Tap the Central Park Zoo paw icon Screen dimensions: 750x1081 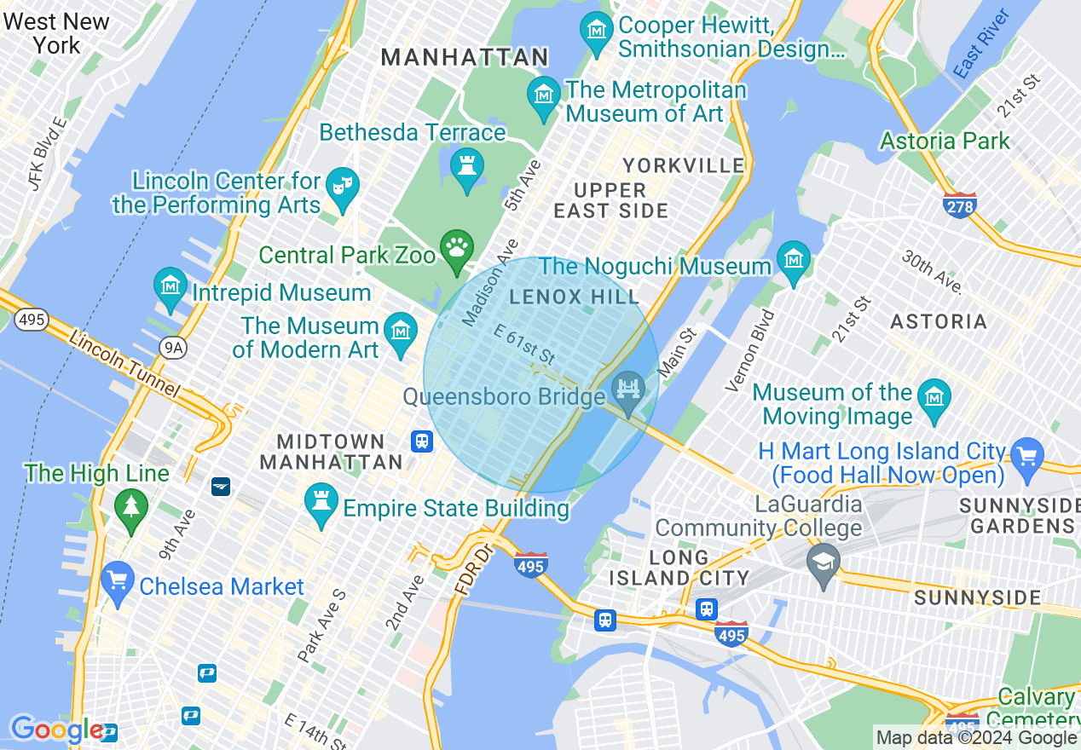click(457, 248)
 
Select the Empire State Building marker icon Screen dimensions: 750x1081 click(321, 504)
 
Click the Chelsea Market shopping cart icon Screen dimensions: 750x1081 click(117, 581)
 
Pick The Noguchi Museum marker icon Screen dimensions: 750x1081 click(794, 260)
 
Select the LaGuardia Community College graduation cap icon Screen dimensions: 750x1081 click(824, 562)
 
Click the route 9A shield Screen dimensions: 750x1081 click(174, 347)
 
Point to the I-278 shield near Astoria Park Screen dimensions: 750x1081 click(960, 205)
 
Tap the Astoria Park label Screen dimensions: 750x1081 click(945, 141)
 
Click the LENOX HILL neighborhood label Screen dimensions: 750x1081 click(574, 297)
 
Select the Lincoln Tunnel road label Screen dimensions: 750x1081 click(125, 365)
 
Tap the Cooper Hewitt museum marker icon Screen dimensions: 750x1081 click(597, 31)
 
